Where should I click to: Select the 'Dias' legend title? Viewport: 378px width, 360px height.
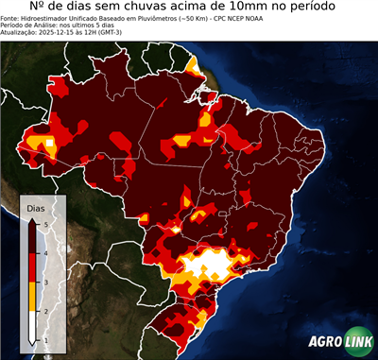(36, 206)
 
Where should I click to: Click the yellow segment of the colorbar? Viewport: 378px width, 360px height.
(32, 297)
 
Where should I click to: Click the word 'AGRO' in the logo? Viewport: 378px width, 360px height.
(324, 341)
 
